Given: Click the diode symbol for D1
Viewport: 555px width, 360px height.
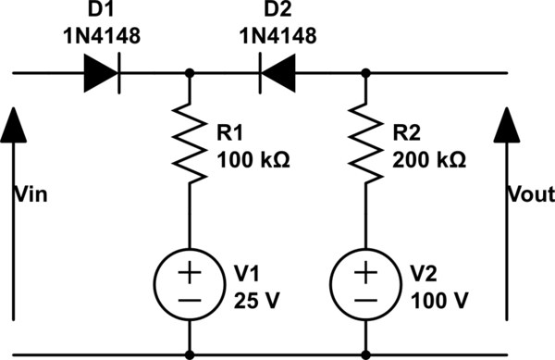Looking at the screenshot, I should [x=105, y=72].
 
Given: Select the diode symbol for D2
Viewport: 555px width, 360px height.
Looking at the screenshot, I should [x=278, y=72].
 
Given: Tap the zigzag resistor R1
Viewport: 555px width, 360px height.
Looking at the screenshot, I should [x=190, y=143].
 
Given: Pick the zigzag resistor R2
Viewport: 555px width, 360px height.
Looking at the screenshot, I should [x=366, y=143].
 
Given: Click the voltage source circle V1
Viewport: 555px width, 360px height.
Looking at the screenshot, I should [x=190, y=286].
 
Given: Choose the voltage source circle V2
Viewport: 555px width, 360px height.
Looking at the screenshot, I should [x=366, y=286].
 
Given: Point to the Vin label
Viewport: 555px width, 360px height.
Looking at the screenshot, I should [x=32, y=194].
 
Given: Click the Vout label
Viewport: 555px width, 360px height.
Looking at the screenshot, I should [x=532, y=194].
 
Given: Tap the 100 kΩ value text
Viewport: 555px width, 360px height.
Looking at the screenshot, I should [x=253, y=160].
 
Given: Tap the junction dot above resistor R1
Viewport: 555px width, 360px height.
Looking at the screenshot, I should [x=190, y=72].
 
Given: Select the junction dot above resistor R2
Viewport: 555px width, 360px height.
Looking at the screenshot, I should [x=366, y=72].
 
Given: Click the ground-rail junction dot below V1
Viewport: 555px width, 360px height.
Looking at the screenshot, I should [x=190, y=353].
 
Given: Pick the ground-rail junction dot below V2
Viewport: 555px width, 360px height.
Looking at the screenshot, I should [x=366, y=353].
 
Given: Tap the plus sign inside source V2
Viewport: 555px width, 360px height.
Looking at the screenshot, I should [x=366, y=274].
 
